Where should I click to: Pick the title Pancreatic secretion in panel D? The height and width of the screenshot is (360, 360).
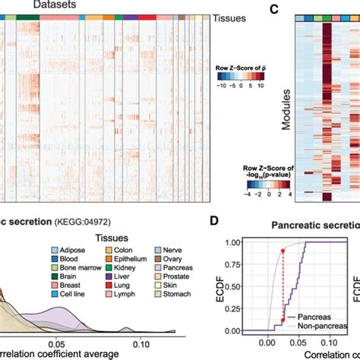tap(311, 226)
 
